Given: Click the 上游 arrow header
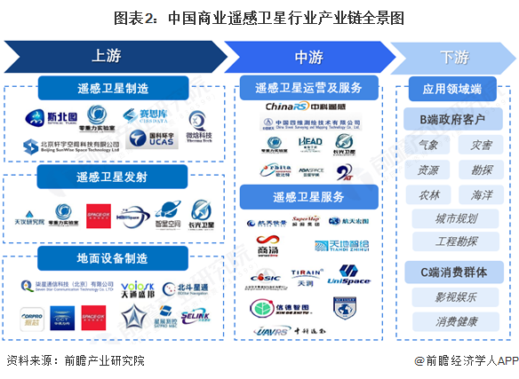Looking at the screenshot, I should click(107, 57).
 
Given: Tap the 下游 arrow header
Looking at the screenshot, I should click(453, 57).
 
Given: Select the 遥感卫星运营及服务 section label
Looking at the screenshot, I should click(308, 89).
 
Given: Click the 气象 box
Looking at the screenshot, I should click(428, 144).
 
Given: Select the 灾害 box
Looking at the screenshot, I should click(480, 144).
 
